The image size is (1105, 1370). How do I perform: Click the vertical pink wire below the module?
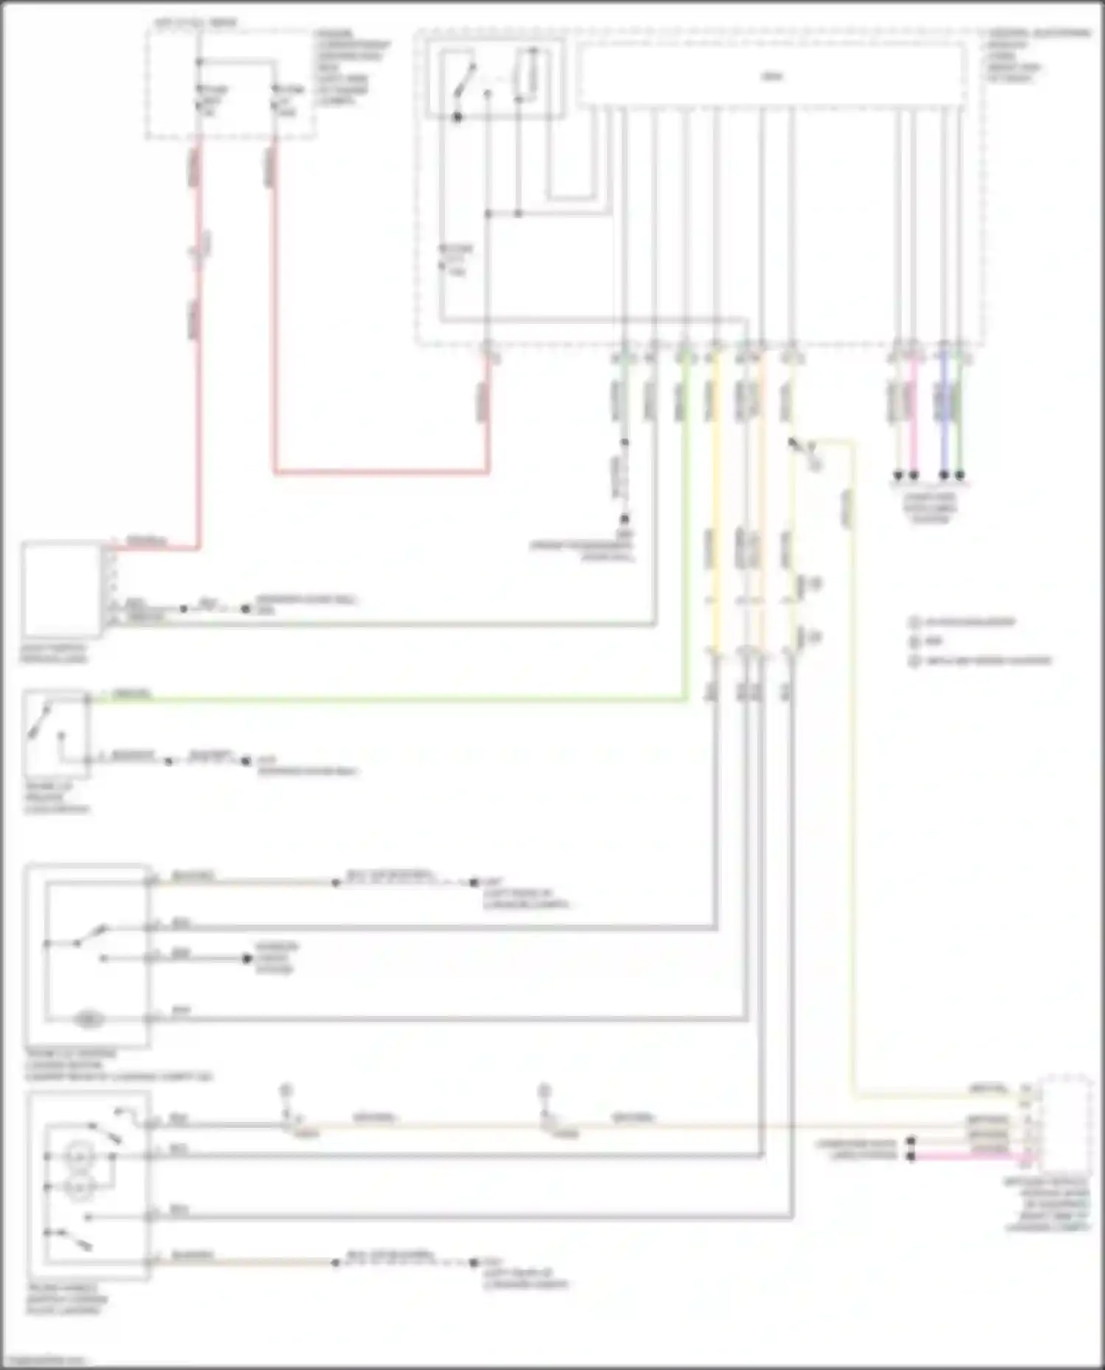coord(914,420)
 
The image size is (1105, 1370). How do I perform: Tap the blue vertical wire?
coord(944,420)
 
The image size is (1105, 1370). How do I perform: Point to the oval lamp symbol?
coord(88,1020)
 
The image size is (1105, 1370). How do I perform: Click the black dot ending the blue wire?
coord(944,476)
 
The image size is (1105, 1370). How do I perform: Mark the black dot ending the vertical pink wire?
coord(914,476)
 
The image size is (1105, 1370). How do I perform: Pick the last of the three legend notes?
coord(980,660)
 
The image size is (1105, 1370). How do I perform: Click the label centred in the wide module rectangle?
coord(772,76)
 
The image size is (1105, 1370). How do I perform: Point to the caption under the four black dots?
coord(930,508)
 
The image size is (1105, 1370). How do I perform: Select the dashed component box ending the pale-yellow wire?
coord(1064,1123)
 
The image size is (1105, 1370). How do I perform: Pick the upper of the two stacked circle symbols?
coord(77,1155)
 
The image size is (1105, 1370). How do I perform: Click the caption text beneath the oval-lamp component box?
coord(110,1065)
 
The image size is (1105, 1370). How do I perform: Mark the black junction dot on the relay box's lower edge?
coord(457,117)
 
